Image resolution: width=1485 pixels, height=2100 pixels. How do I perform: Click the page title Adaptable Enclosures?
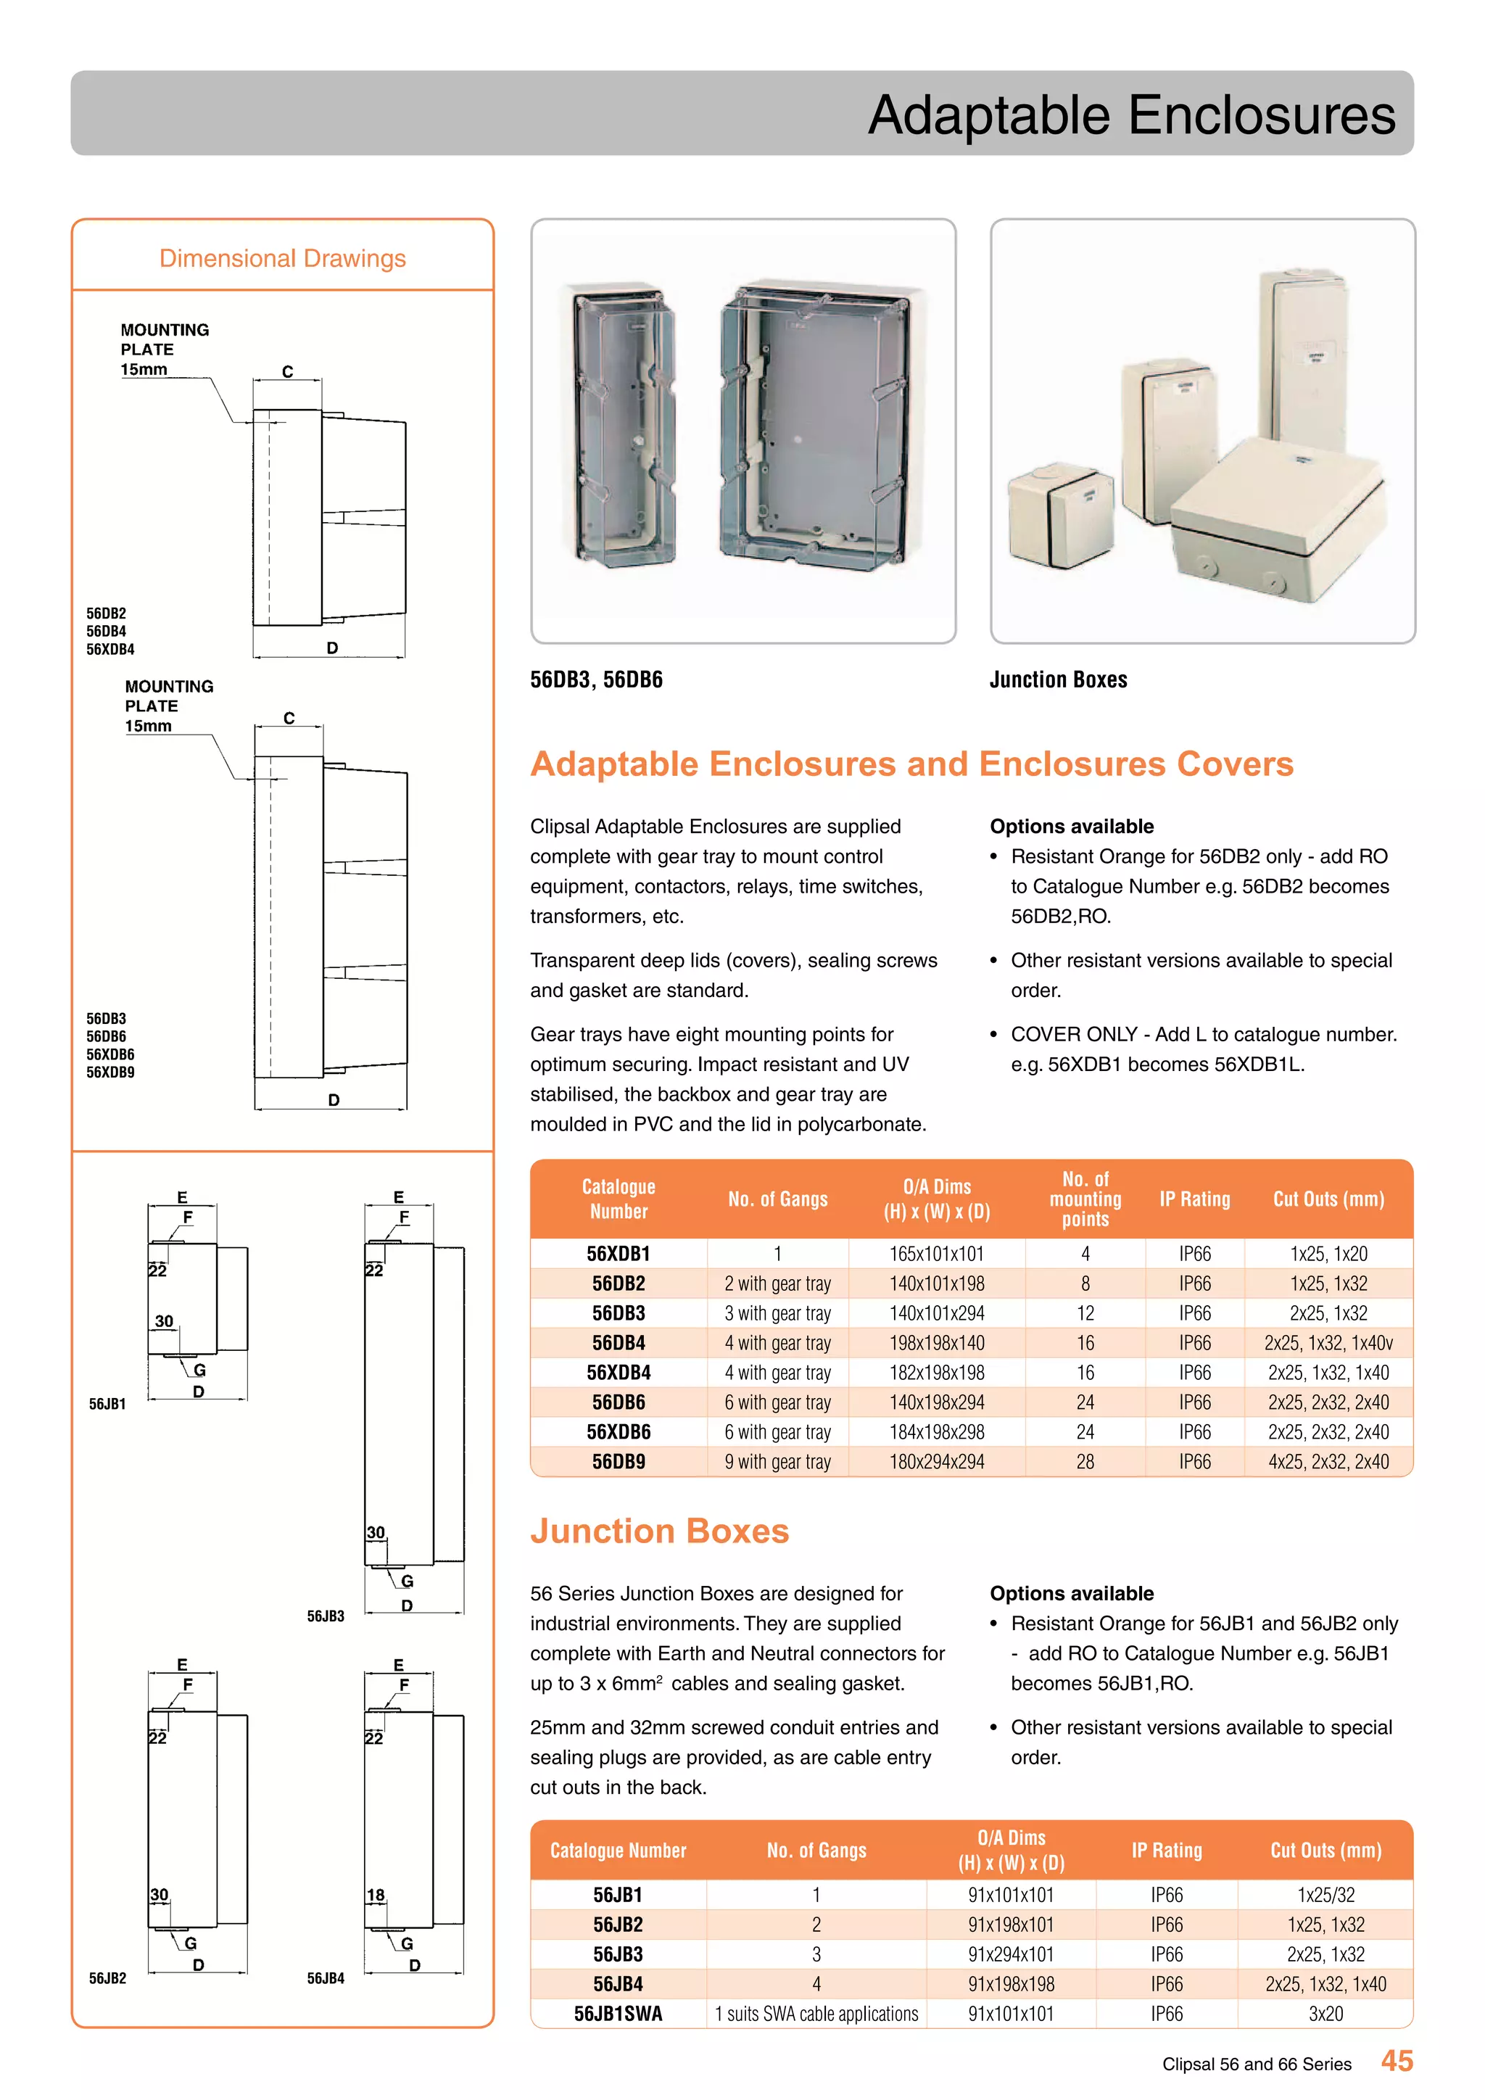coord(1131,115)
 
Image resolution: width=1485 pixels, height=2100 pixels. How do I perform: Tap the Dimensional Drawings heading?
coord(283,259)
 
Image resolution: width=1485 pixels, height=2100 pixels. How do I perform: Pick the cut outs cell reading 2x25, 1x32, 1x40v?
coord(1328,1343)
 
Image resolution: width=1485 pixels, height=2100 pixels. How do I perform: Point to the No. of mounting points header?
coord(1085,1199)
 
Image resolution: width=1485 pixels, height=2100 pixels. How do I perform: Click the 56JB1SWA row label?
coord(618,2013)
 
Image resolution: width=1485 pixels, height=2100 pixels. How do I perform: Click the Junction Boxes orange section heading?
coord(659,1531)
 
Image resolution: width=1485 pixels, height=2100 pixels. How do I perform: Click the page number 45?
coord(1397,2061)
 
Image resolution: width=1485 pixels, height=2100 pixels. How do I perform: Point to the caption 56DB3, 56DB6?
coord(596,679)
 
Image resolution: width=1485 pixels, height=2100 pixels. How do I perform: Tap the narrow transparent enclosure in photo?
coord(624,426)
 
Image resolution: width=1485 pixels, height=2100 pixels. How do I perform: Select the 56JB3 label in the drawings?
coord(326,1616)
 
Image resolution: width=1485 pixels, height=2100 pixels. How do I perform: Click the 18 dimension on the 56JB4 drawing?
coord(376,1895)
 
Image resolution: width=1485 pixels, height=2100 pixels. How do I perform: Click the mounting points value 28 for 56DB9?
coord(1085,1462)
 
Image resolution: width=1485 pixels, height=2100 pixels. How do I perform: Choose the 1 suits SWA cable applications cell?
coord(816,2013)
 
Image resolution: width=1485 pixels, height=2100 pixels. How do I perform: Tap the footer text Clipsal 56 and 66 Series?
coord(1257,2064)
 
